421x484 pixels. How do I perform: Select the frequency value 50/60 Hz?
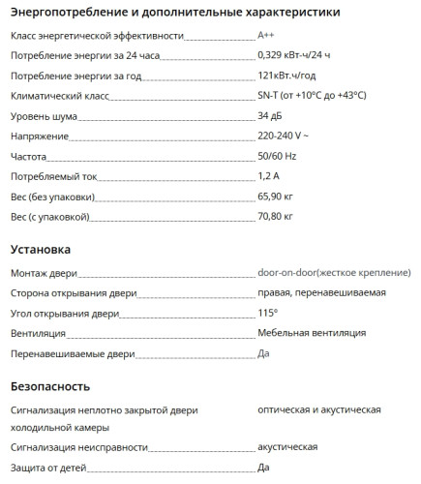(278, 156)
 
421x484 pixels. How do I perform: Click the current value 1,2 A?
(270, 176)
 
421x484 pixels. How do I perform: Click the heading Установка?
(41, 249)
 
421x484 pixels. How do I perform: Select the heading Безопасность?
(52, 386)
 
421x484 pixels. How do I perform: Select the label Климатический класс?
(59, 97)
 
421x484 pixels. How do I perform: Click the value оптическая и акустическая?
(319, 410)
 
